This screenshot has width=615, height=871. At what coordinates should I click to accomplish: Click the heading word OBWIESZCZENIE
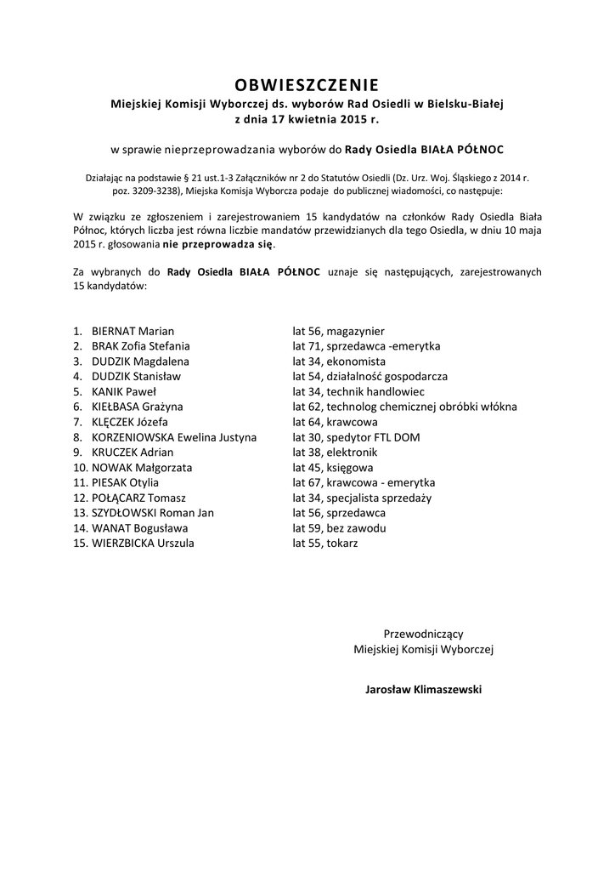tap(307, 85)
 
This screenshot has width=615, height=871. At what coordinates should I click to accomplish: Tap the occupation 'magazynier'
tap(355, 331)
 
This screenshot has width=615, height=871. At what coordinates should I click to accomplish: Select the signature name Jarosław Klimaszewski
tap(423, 690)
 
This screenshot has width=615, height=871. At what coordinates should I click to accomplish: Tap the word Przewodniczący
tap(423, 634)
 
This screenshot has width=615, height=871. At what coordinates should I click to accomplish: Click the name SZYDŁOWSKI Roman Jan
tap(153, 513)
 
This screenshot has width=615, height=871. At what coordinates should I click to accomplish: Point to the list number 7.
tap(76, 422)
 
